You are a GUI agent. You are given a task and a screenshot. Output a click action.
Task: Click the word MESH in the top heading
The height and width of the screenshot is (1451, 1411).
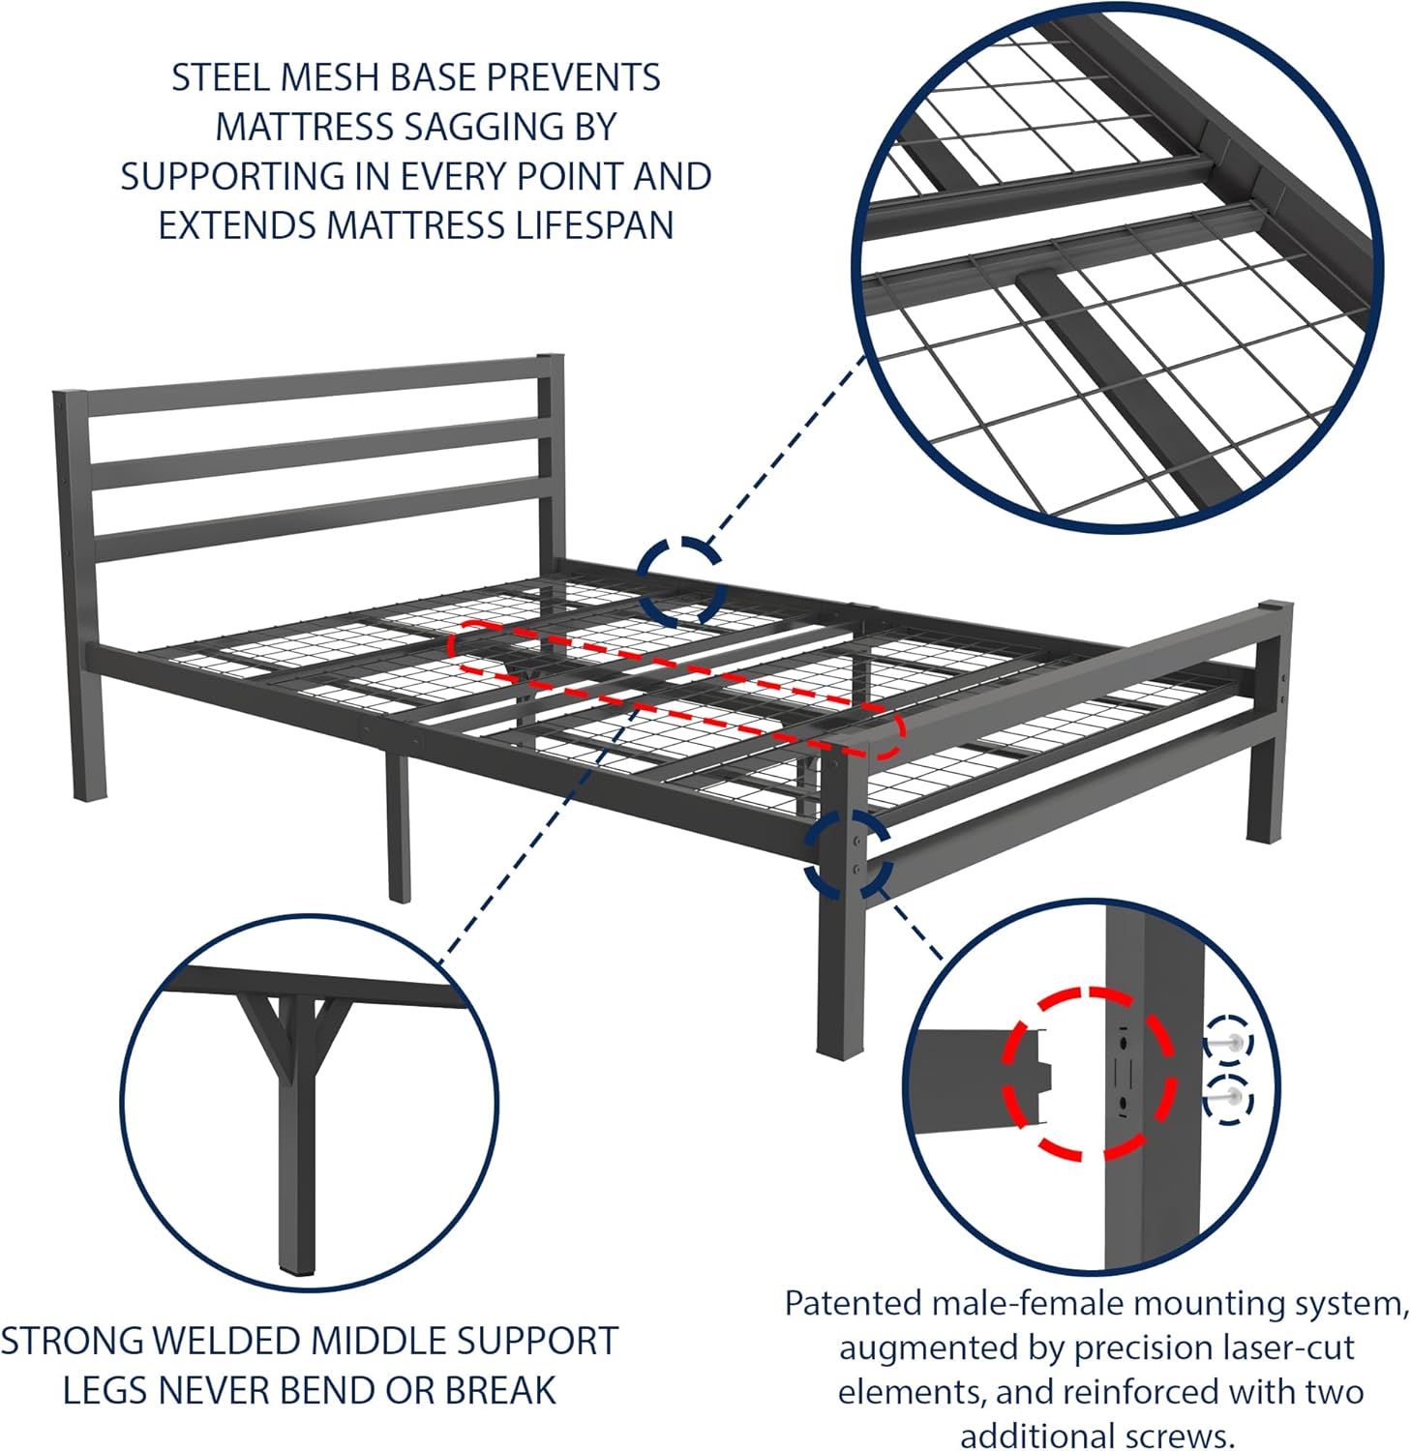pos(340,77)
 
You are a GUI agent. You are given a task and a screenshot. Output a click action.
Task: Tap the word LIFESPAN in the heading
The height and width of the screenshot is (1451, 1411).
pos(595,225)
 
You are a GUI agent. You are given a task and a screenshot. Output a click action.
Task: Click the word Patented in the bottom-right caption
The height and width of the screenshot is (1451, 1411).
pos(853,1304)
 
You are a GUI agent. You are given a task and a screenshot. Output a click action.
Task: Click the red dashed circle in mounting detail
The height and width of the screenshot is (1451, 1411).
pos(1090,1073)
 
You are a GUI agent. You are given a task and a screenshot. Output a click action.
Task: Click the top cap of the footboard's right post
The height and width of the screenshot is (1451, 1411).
pos(1275,608)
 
